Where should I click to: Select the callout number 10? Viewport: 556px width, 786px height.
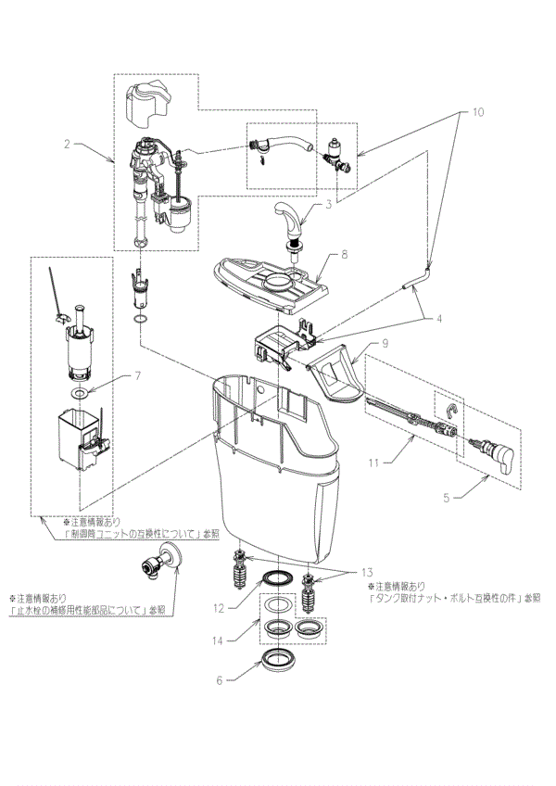tap(477, 112)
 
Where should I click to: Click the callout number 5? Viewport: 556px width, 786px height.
tap(447, 497)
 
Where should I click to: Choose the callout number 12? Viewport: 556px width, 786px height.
tap(220, 608)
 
